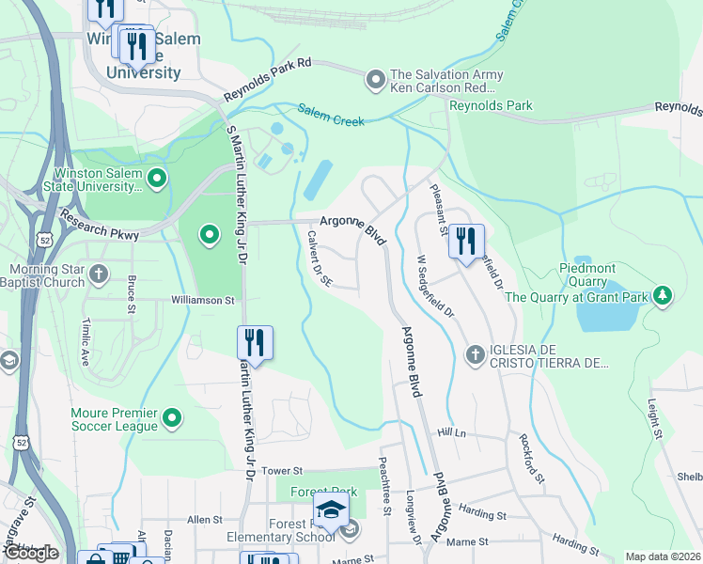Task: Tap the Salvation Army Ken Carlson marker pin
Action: click(x=376, y=79)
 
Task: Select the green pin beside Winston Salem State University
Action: click(x=157, y=177)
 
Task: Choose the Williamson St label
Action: click(x=202, y=301)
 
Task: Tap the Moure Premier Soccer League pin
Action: click(x=172, y=416)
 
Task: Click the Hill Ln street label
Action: click(x=451, y=432)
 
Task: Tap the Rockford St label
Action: click(x=532, y=458)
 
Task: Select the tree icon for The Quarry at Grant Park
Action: click(x=664, y=296)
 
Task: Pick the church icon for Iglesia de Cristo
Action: click(x=476, y=354)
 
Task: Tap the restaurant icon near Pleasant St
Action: click(x=465, y=242)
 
